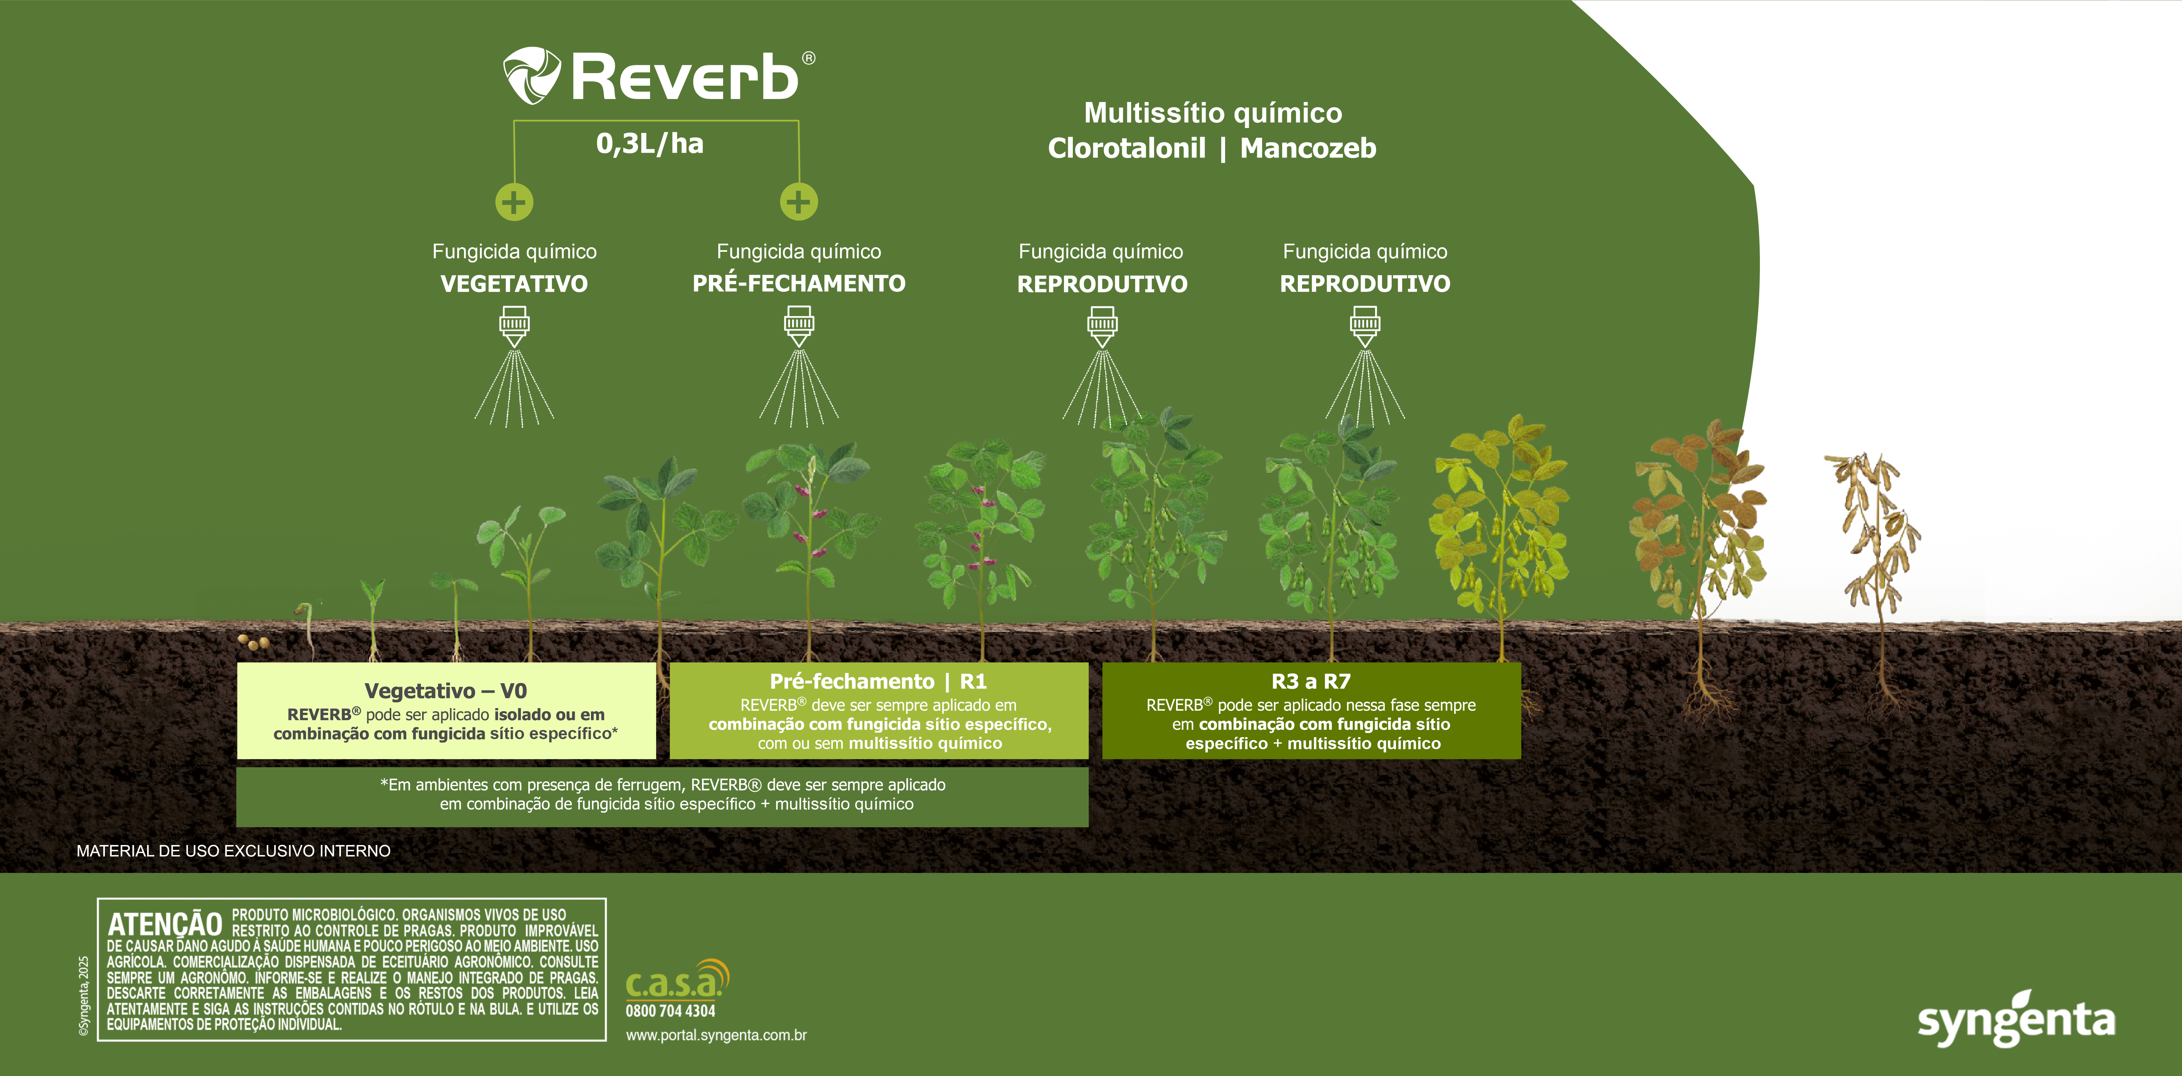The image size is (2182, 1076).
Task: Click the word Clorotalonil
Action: pos(1127,148)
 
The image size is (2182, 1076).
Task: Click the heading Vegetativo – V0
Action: pos(445,690)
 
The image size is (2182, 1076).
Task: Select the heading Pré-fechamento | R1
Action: pos(878,681)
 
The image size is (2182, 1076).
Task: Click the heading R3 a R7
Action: pos(1311,681)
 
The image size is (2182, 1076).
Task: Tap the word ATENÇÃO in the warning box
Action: pos(165,924)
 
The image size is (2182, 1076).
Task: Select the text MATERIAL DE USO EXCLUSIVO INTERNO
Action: pos(234,851)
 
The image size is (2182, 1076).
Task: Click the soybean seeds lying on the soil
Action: pos(254,643)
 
